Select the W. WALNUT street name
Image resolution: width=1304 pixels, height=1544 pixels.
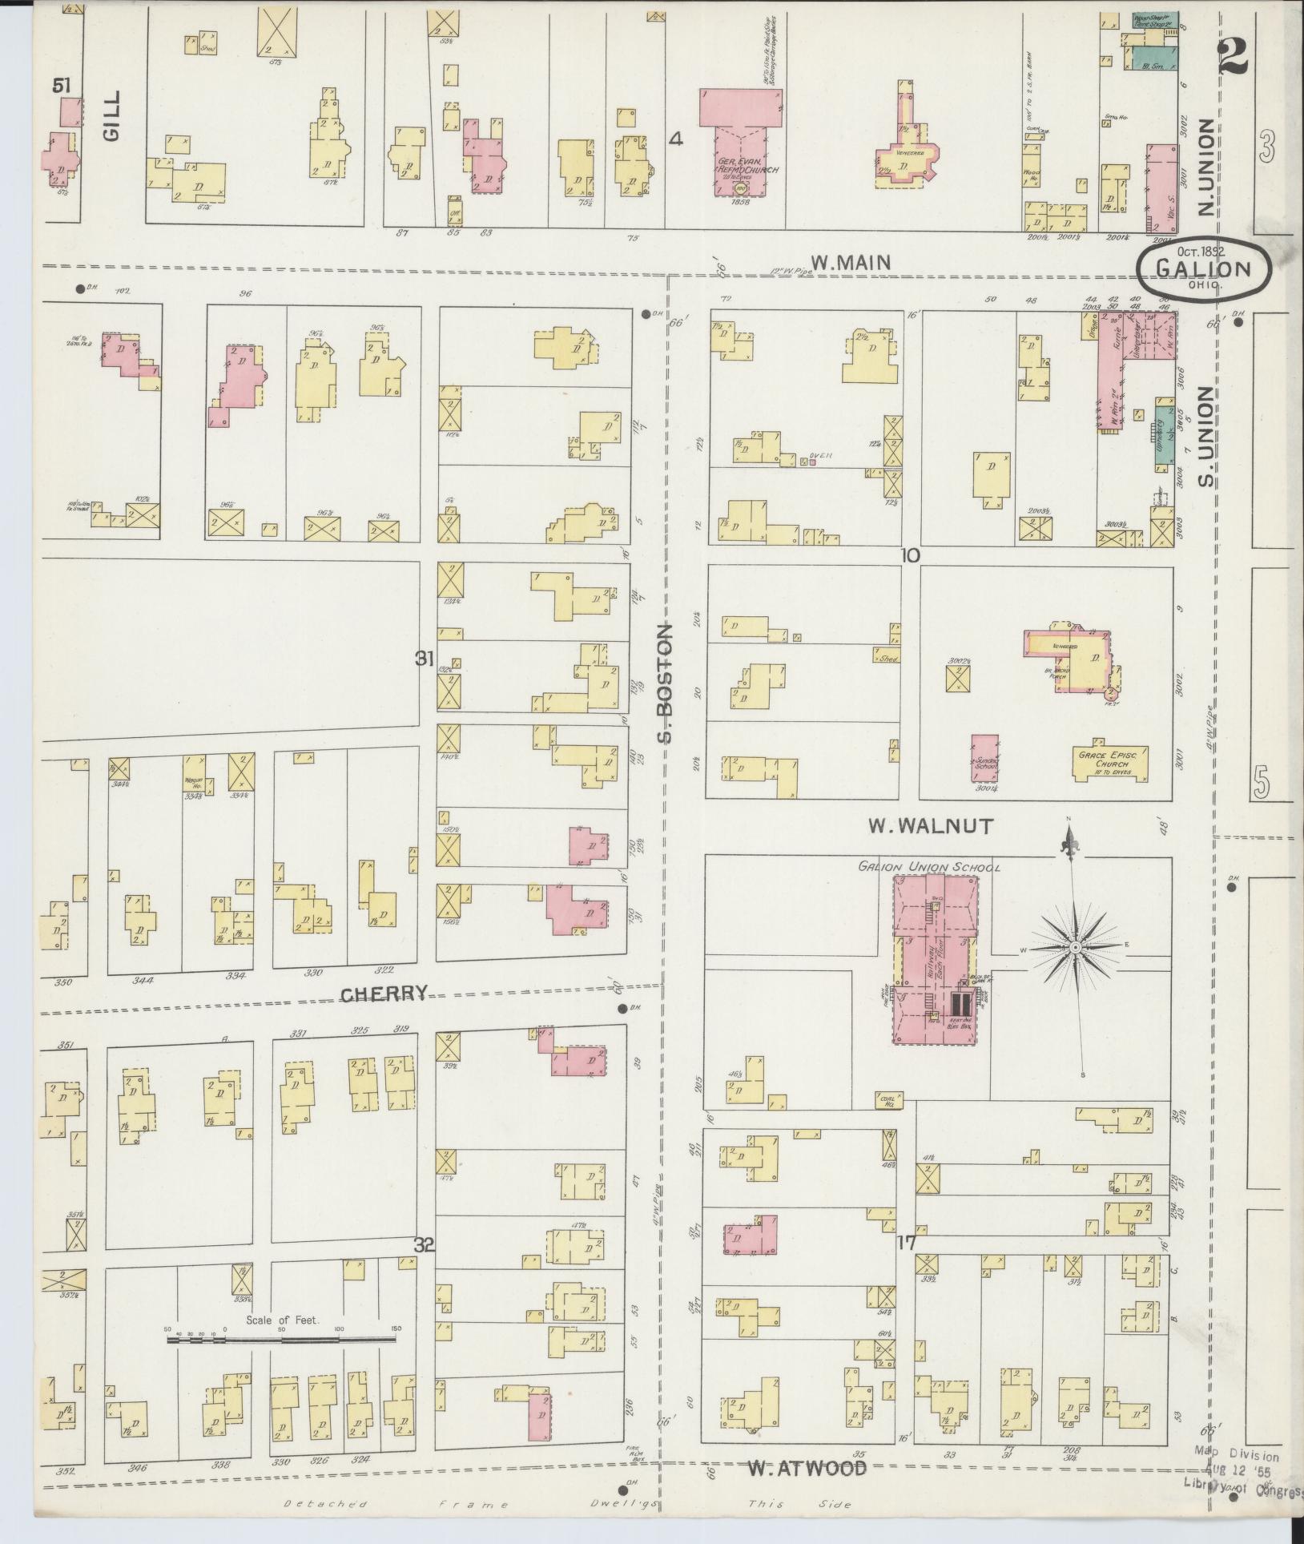(931, 825)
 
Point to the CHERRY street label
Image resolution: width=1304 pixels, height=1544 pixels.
(383, 994)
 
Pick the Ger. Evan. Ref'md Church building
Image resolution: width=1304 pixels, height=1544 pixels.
(738, 160)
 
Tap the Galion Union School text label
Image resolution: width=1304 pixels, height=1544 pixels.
(928, 867)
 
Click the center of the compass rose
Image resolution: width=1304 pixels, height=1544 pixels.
(1073, 948)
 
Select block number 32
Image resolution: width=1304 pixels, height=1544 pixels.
(425, 1245)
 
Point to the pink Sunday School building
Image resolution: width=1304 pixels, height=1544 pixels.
(984, 757)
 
